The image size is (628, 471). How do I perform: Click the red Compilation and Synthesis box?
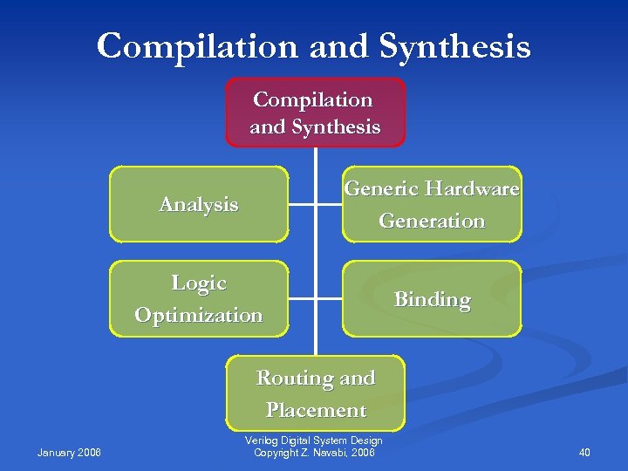point(315,113)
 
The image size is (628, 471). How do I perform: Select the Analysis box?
point(199,204)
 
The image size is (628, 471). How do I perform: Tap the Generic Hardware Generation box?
point(432,204)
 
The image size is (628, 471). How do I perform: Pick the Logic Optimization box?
point(199,298)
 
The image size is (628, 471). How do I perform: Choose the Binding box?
point(432,299)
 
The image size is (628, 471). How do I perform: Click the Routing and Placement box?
point(316,393)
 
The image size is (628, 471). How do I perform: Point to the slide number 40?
point(584,452)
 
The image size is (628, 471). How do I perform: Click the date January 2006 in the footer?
point(70,452)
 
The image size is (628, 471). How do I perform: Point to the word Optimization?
point(199,315)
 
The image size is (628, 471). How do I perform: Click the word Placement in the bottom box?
point(316,410)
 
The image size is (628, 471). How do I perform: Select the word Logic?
point(199,283)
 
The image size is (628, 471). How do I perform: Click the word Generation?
point(432,221)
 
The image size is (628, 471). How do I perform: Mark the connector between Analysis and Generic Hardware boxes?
point(315,206)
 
